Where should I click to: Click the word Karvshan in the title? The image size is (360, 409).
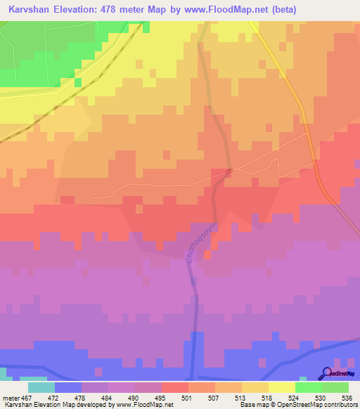(32, 10)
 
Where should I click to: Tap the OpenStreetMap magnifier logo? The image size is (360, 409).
(326, 373)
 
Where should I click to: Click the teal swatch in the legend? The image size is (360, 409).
(41, 387)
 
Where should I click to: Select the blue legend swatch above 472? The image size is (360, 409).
(68, 387)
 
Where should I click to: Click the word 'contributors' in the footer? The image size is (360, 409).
(340, 405)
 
